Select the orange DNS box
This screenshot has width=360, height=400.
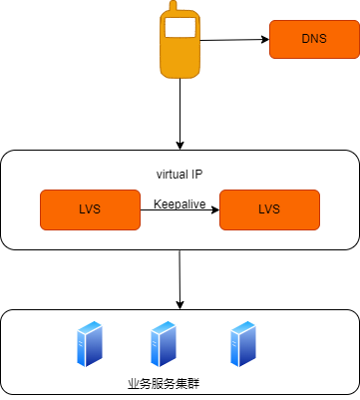coord(313,39)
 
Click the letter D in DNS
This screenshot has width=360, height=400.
coord(305,39)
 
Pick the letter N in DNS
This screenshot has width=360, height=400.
coord(313,39)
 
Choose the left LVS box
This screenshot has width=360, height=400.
coord(90,209)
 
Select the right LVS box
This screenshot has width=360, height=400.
coord(269,209)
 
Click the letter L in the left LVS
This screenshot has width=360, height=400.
coord(82,209)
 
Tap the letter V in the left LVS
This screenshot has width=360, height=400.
coord(90,209)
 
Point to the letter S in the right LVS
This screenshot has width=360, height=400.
coord(276,209)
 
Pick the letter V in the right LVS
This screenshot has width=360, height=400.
coord(269,209)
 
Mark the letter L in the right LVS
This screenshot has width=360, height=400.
coord(261,209)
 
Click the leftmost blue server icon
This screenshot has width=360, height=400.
coord(90,344)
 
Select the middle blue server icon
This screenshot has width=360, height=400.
coord(163,344)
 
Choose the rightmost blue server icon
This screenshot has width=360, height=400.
coord(242,344)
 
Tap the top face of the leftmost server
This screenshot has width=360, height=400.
coord(91,325)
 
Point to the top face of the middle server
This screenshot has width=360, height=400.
coord(164,325)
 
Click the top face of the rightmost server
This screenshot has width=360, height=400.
coord(243,325)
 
